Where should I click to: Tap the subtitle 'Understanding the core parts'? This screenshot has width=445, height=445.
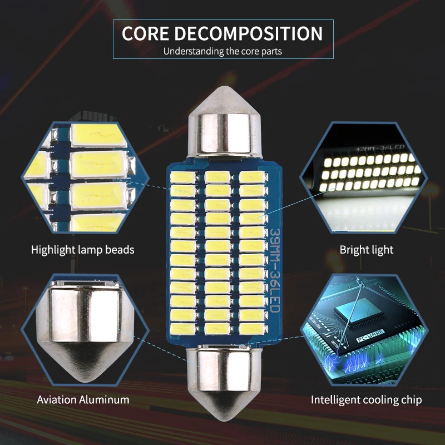tap(222, 52)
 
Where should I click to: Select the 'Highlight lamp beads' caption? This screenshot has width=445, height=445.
tap(83, 250)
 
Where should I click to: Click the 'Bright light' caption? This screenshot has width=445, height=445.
tap(366, 250)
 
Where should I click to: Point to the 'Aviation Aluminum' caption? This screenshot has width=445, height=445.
tap(83, 399)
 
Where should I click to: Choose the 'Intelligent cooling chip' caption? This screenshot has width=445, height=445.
tap(366, 399)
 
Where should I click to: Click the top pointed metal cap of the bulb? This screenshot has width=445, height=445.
tap(224, 122)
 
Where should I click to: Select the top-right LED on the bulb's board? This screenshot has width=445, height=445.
tap(251, 177)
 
